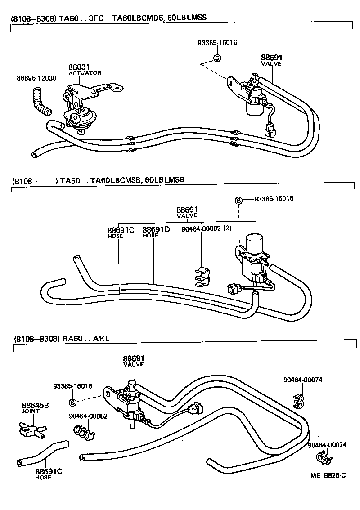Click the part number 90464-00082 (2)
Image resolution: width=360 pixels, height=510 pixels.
206,228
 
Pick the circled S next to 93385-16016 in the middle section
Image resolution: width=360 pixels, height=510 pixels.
238,200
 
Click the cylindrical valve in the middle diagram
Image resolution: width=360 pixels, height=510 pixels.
256,242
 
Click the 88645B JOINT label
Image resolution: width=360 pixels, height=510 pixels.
35,407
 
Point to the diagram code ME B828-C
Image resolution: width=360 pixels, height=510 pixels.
330,475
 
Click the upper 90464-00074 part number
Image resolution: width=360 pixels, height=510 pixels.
302,380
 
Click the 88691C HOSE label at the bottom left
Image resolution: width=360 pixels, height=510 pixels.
48,474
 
